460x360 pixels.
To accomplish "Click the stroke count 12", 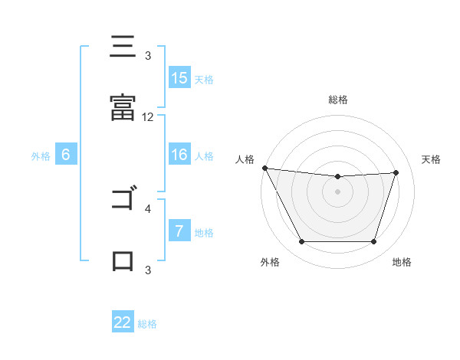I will click(x=148, y=117).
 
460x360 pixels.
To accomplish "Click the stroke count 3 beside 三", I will click(x=148, y=56).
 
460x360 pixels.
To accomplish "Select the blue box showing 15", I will click(x=179, y=78).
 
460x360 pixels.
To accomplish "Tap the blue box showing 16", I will click(x=179, y=155).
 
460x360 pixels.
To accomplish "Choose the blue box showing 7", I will click(x=179, y=231).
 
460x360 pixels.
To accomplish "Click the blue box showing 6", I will click(x=66, y=155).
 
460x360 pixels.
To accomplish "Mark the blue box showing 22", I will click(x=123, y=322).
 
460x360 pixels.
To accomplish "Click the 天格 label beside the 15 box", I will click(x=204, y=79).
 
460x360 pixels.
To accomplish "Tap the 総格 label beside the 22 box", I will click(x=147, y=323).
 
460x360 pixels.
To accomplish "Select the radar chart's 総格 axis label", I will click(x=338, y=100).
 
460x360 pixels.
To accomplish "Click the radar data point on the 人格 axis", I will click(x=264, y=168).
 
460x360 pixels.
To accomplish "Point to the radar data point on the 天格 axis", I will click(x=396, y=172).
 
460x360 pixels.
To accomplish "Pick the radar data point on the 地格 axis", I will click(x=373, y=242).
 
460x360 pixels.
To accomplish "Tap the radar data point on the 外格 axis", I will click(x=301, y=242).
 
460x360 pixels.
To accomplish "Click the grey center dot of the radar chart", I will click(x=337, y=191).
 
